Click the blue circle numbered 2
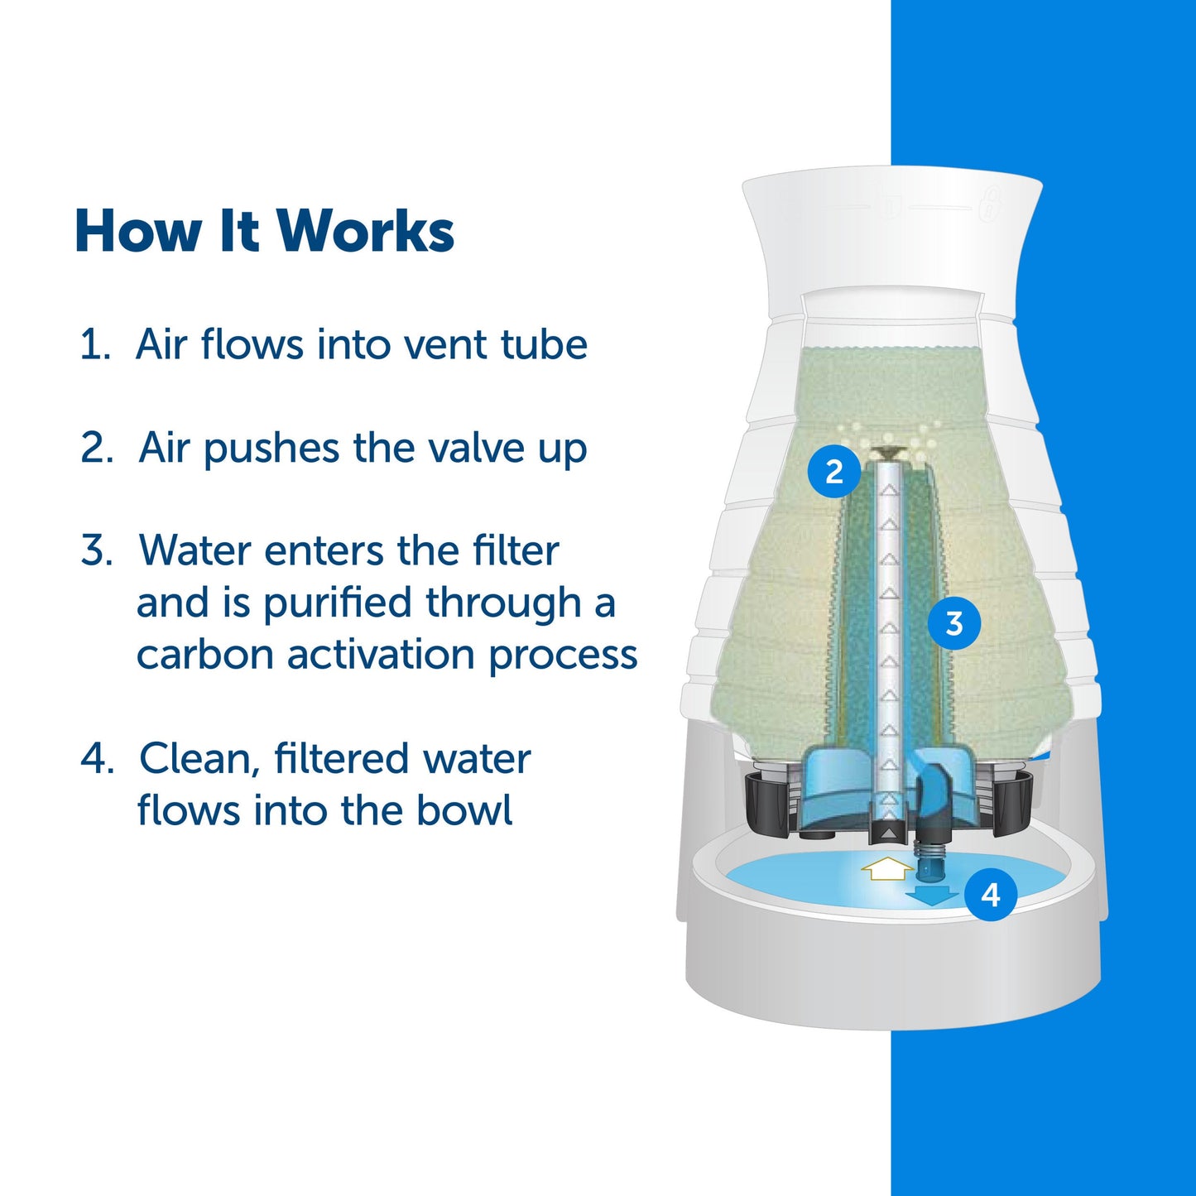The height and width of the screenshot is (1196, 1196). click(x=834, y=471)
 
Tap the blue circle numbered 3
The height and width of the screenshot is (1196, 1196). click(x=953, y=622)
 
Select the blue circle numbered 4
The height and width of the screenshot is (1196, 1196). click(x=990, y=894)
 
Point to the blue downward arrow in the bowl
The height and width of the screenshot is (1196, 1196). click(x=931, y=895)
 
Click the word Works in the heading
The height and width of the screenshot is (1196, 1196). click(x=365, y=231)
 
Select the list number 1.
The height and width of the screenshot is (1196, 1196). click(x=93, y=344)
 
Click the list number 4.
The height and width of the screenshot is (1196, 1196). click(x=96, y=759)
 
